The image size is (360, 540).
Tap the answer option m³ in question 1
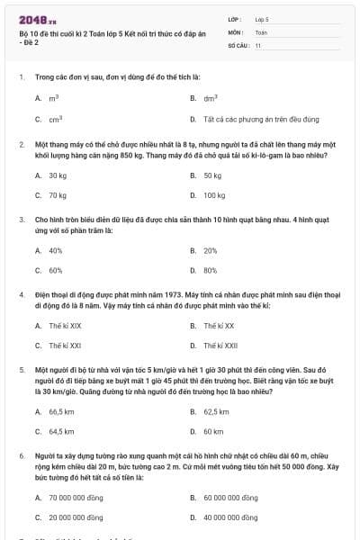point(54,97)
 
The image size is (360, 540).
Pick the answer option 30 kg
point(58,175)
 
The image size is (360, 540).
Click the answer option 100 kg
point(214,194)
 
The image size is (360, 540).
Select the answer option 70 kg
point(58,194)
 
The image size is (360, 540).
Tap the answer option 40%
point(56,250)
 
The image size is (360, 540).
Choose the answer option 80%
point(211,270)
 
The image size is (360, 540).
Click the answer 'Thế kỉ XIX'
point(65,325)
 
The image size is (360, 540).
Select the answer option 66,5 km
point(61,411)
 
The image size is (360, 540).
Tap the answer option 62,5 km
point(217,411)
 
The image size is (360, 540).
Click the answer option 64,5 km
point(61,431)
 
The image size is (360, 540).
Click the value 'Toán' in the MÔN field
point(261,31)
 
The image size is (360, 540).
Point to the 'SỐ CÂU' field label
point(238,44)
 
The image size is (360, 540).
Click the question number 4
point(21,294)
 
